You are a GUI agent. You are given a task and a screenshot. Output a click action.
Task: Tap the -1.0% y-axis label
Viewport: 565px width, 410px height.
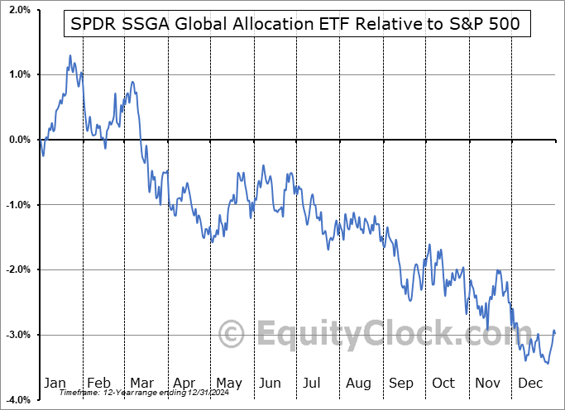pyautogui.click(x=16, y=205)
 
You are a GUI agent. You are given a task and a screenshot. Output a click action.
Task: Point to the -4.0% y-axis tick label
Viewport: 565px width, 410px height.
pyautogui.click(x=16, y=400)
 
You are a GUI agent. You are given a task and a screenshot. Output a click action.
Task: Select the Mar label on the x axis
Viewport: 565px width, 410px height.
pyautogui.click(x=143, y=384)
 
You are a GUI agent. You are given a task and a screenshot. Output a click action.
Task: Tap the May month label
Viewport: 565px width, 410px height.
pyautogui.click(x=228, y=384)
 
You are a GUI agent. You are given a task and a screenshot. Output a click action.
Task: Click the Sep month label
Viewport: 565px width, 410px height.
pyautogui.click(x=402, y=384)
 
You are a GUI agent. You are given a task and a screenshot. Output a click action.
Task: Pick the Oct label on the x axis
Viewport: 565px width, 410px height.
pyautogui.click(x=444, y=384)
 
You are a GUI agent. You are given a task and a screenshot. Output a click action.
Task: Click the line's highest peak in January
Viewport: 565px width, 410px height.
pyautogui.click(x=69, y=55)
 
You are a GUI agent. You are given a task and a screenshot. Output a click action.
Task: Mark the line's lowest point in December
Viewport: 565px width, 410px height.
pyautogui.click(x=547, y=363)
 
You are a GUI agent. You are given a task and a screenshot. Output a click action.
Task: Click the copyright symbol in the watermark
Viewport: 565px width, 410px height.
pyautogui.click(x=231, y=335)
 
